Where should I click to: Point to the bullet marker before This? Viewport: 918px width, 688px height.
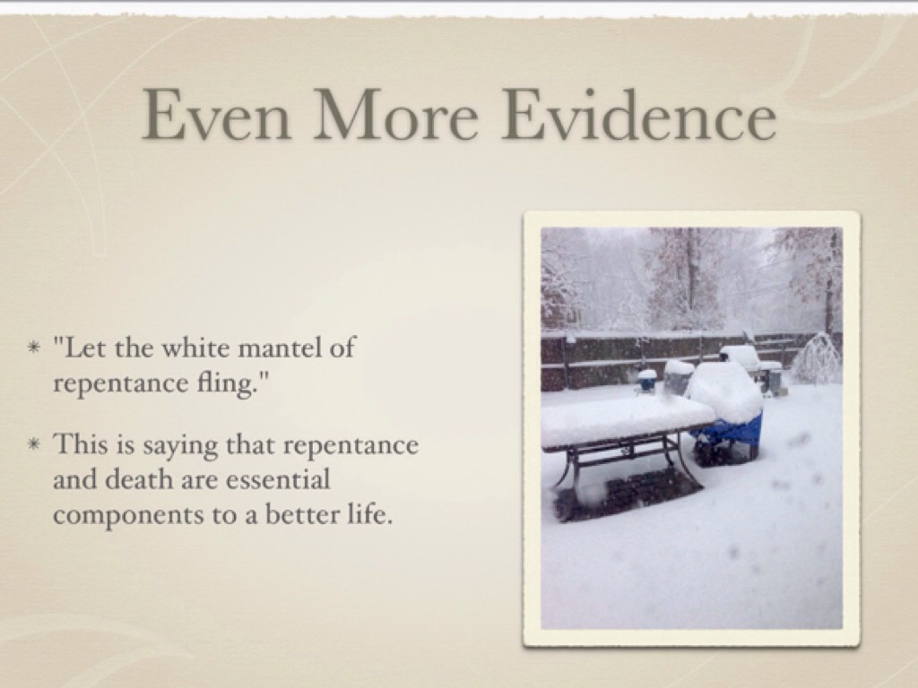pos(35,445)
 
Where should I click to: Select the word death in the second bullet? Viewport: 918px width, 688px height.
pos(138,480)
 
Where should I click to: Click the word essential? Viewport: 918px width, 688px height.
pos(278,480)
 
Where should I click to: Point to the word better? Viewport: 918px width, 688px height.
pos(301,515)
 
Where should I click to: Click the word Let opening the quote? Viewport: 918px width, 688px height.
pos(82,348)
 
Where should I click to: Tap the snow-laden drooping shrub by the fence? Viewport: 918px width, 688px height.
pos(816,358)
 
